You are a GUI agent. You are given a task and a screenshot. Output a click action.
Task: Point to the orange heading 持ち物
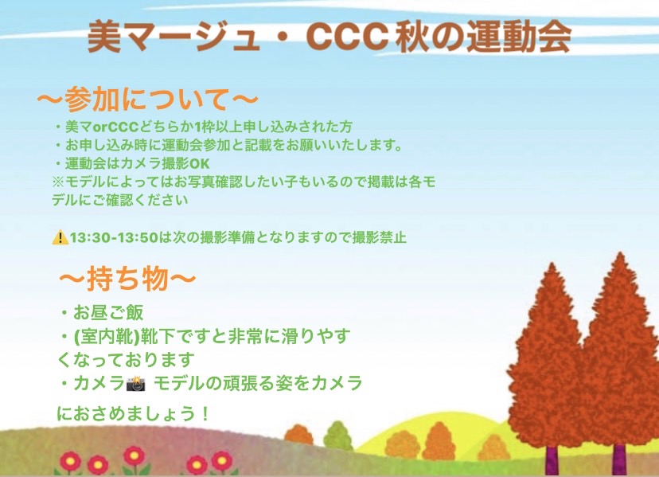pyautogui.click(x=127, y=279)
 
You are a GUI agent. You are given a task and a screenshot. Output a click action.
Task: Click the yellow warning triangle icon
pyautogui.click(x=60, y=237)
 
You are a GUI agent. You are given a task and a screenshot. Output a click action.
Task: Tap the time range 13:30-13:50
pyautogui.click(x=114, y=237)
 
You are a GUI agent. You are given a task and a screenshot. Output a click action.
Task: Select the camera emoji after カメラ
pyautogui.click(x=136, y=384)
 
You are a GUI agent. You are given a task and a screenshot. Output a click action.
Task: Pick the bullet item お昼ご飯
pyautogui.click(x=108, y=312)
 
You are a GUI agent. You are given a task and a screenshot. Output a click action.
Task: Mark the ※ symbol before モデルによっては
pyautogui.click(x=58, y=182)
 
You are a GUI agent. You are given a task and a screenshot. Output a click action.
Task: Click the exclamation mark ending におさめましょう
pyautogui.click(x=205, y=413)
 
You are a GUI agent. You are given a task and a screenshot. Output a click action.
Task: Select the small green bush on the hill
pyautogui.click(x=337, y=436)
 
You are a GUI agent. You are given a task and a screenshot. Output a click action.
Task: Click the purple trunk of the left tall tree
pyautogui.click(x=552, y=461)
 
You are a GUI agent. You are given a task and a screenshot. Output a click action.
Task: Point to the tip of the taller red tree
pyautogui.click(x=620, y=252)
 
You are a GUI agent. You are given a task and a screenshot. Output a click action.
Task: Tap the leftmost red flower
pyautogui.click(x=71, y=461)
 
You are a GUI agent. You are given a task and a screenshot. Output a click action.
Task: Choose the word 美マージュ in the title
pyautogui.click(x=173, y=37)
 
